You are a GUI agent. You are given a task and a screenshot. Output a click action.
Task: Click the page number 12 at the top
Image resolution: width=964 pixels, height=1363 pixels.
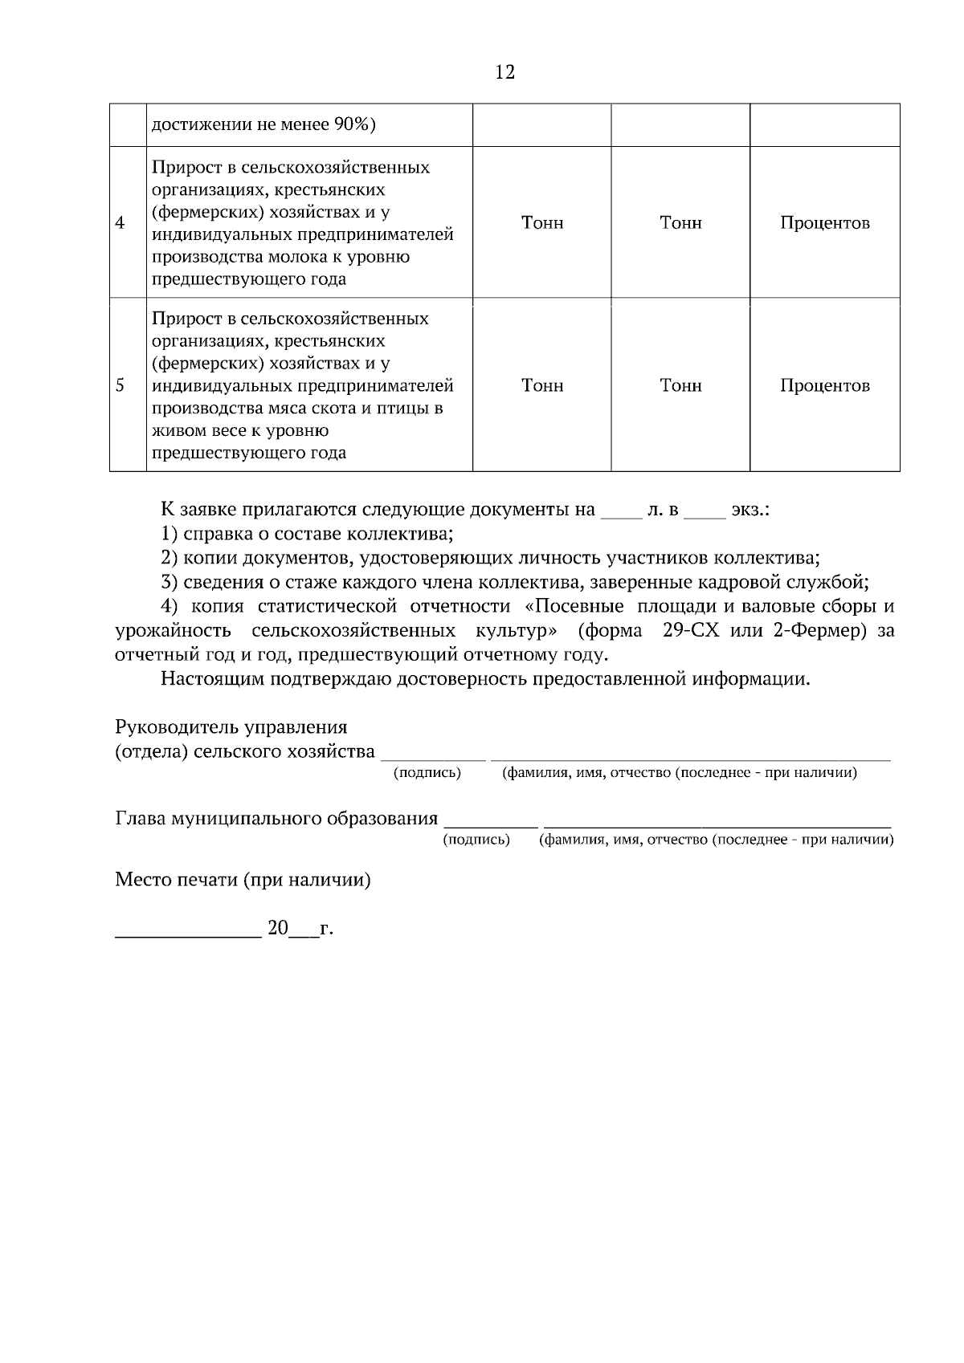[505, 72]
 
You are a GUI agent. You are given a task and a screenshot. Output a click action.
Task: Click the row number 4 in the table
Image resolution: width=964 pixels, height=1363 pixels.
[120, 223]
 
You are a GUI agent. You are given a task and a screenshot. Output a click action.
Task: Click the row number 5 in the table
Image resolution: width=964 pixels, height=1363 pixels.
[120, 385]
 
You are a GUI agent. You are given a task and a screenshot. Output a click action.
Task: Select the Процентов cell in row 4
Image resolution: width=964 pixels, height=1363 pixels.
[824, 223]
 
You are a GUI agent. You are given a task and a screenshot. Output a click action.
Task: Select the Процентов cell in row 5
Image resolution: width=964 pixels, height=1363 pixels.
[824, 385]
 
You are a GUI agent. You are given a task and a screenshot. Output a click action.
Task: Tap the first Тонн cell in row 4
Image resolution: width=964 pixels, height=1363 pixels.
[542, 223]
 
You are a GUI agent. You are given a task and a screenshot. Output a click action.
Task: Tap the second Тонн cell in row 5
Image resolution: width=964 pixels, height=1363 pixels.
[680, 385]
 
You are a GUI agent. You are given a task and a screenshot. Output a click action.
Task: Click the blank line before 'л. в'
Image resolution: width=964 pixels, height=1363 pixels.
[621, 516]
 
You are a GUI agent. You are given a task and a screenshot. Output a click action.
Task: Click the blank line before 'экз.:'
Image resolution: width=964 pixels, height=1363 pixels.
[705, 516]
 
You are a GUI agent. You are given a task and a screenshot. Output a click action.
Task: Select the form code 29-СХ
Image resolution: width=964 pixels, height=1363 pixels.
[692, 631]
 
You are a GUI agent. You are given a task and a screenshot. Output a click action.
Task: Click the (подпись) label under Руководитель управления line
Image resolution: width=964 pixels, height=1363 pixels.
[427, 773]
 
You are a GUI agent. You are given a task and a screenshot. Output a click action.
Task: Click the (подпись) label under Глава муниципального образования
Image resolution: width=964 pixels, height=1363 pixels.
[476, 840]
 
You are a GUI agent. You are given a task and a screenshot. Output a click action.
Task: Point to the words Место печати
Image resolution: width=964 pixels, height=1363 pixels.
[177, 880]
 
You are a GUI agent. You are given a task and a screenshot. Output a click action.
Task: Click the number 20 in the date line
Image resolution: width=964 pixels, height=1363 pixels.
[277, 929]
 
